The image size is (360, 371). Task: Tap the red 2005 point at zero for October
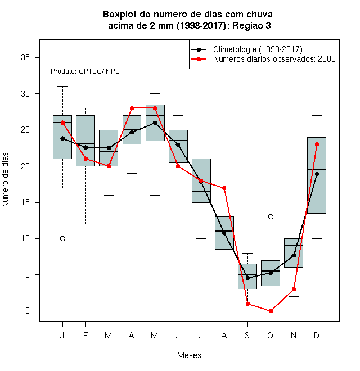pos(271,311)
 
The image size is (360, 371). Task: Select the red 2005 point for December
pos(317,144)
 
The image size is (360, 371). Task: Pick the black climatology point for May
pos(155,123)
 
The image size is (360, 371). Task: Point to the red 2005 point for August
pos(224,188)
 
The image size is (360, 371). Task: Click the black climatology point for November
pos(294,255)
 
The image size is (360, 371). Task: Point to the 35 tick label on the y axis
pos(25,57)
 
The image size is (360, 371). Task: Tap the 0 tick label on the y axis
pos(28,311)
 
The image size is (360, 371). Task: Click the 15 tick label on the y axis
pos(25,202)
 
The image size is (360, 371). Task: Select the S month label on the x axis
pos(247,335)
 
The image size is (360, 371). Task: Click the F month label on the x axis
pos(85,335)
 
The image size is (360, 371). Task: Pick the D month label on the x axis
pos(317,335)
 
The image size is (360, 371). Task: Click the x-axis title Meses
pos(189,355)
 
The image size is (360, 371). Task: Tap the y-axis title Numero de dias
pos(5,180)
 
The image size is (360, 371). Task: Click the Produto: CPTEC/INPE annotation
pos(85,71)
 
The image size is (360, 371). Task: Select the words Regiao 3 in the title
pos(251,25)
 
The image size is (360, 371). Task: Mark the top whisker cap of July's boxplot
pos(201,108)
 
